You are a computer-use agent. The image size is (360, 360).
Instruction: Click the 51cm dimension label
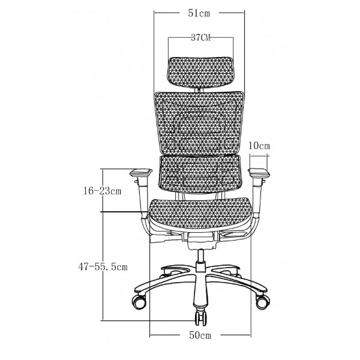pyautogui.click(x=199, y=13)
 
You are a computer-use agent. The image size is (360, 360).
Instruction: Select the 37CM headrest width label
pyautogui.click(x=201, y=38)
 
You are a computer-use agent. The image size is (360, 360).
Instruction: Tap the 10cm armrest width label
pyautogui.click(x=259, y=146)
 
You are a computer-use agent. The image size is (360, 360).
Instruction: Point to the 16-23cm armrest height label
pyautogui.click(x=102, y=191)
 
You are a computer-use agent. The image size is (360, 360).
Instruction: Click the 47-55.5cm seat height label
pyautogui.click(x=103, y=267)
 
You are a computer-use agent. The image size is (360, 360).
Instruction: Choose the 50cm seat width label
pyautogui.click(x=200, y=335)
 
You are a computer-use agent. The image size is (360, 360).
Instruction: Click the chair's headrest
pyautogui.click(x=201, y=73)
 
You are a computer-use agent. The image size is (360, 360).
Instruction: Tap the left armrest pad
pyautogui.click(x=141, y=173)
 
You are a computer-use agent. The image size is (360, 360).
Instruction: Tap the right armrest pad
pyautogui.click(x=259, y=172)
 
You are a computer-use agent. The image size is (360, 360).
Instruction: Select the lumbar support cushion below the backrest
pyautogui.click(x=200, y=170)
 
